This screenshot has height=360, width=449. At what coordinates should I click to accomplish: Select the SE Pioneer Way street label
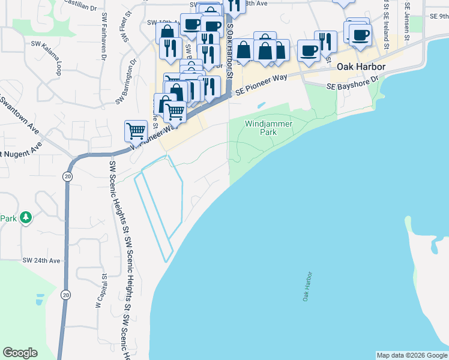[x=261, y=85]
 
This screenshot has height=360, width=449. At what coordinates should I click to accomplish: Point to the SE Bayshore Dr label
[x=353, y=83]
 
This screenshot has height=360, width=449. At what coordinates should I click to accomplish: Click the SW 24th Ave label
[x=41, y=260]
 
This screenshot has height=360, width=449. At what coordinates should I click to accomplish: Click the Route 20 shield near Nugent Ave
[x=66, y=176]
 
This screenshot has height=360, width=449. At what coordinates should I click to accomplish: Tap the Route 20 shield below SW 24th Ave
[x=65, y=295]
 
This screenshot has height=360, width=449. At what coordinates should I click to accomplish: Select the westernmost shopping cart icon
[x=136, y=130]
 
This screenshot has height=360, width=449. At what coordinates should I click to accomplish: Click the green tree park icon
[x=25, y=217]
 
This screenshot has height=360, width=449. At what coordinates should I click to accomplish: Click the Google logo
[x=20, y=353]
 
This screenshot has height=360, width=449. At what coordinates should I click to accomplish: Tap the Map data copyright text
[x=412, y=355]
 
